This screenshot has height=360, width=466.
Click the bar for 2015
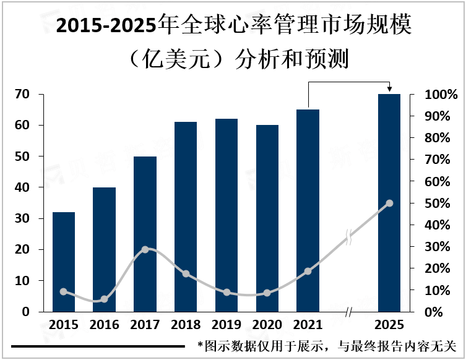tap(64, 262)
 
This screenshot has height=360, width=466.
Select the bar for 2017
tap(145, 234)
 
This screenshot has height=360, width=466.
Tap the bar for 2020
tap(267, 218)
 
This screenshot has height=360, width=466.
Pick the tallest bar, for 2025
tap(389, 202)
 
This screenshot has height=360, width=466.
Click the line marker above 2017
tap(145, 249)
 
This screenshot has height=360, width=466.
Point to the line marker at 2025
tap(389, 203)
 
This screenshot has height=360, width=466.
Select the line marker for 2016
tap(105, 299)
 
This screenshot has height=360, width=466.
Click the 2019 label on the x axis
tap(227, 325)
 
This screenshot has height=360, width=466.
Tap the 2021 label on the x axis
tap(308, 325)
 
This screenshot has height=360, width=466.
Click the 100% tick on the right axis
tap(442, 95)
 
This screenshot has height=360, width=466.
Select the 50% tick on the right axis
tap(442, 204)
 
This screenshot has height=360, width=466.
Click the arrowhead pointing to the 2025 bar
tap(389, 90)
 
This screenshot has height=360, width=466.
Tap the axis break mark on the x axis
tap(348, 313)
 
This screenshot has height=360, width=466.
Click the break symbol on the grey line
tap(348, 237)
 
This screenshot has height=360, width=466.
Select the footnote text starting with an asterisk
tap(326, 346)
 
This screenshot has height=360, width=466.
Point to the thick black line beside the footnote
tap(98, 346)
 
